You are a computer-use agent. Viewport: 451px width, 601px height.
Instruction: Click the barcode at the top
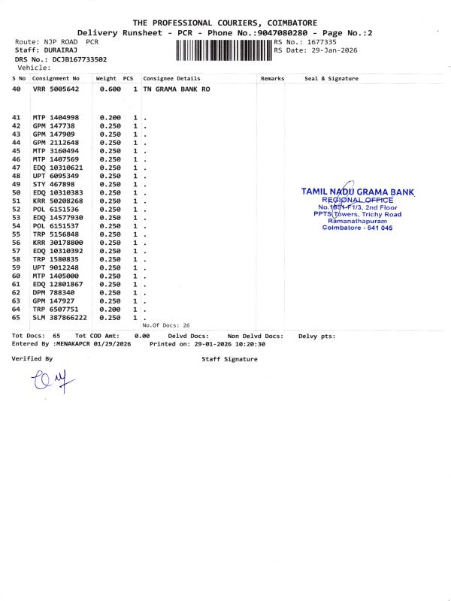[224, 50]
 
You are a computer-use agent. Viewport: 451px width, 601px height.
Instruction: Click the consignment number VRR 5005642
[56, 89]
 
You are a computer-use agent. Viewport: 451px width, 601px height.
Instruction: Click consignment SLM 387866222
[59, 318]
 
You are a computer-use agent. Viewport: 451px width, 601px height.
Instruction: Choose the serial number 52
[17, 210]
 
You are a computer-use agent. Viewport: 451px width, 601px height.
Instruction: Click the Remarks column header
[272, 78]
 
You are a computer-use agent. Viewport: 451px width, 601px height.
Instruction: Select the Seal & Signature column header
[331, 78]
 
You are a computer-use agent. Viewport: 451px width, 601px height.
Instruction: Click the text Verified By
[32, 359]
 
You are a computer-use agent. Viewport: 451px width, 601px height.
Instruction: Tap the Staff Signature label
[229, 359]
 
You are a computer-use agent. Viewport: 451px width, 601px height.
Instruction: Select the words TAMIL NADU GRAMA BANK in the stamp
[357, 192]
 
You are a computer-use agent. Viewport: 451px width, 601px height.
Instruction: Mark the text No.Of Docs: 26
[166, 325]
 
